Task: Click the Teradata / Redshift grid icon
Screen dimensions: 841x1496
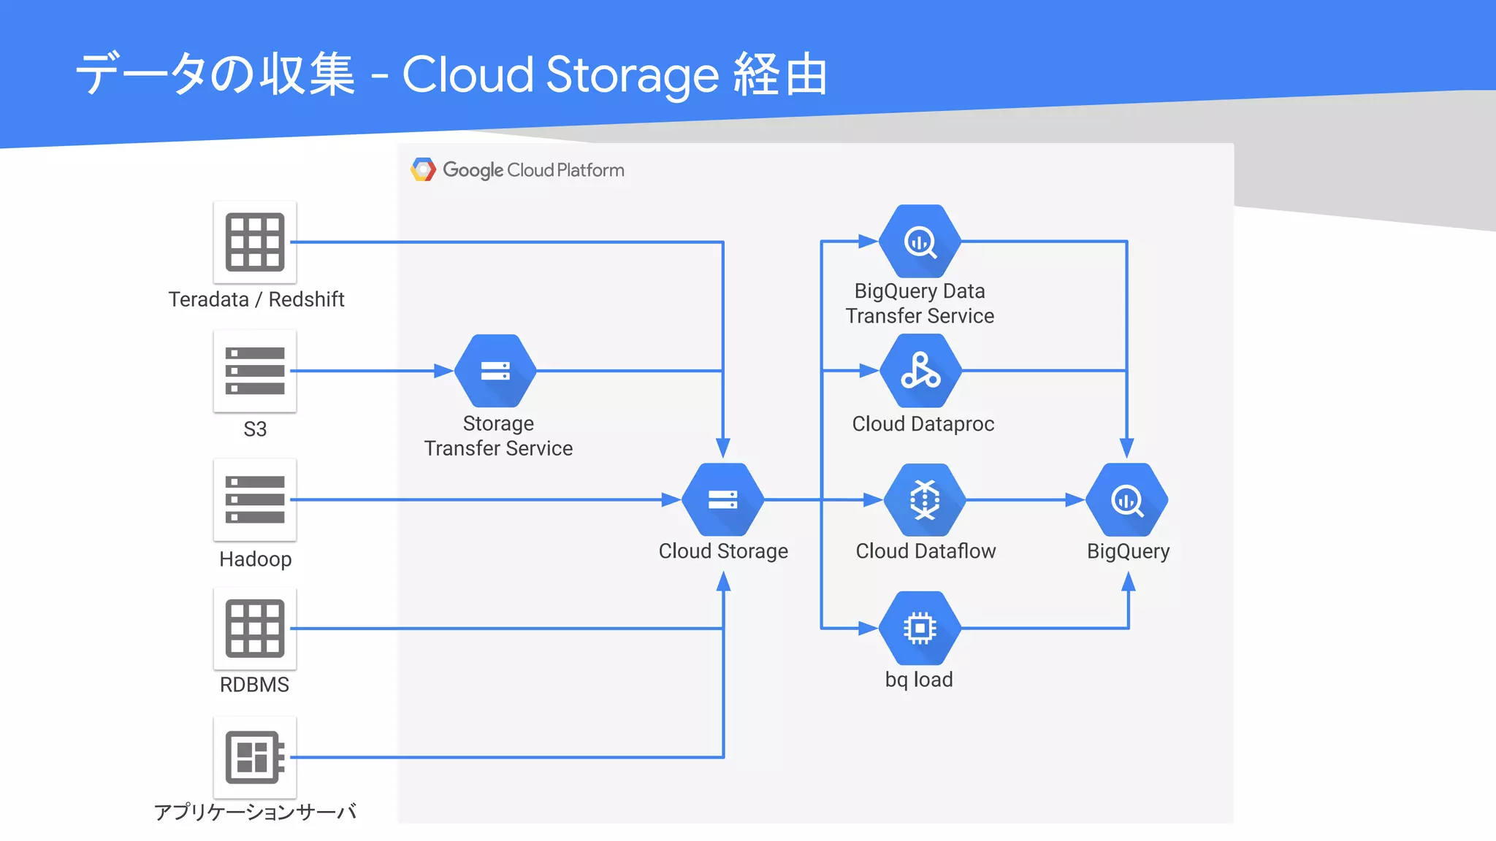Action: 254,242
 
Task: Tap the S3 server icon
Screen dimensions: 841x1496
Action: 254,371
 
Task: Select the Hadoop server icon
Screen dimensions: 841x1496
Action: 254,500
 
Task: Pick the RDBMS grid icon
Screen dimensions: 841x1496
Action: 254,629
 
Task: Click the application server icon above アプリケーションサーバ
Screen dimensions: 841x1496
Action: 254,757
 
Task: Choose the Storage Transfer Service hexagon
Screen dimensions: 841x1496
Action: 495,371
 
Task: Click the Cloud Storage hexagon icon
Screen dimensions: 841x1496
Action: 722,500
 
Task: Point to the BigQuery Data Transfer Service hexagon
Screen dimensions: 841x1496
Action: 920,242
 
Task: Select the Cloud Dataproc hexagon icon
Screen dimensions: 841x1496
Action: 920,371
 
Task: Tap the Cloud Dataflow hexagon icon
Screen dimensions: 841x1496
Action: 924,500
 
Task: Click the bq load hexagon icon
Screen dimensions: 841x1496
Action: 920,628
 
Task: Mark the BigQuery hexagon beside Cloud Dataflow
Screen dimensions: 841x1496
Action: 1126,500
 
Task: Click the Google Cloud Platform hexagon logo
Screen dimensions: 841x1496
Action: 423,169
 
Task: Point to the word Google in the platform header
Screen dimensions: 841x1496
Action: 473,170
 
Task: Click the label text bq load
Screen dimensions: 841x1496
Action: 919,680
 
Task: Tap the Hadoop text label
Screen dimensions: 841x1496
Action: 255,559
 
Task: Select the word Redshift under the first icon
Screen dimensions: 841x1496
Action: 306,299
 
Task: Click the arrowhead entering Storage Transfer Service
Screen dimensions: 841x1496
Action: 443,371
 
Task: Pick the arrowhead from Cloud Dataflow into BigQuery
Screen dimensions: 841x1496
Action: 1075,500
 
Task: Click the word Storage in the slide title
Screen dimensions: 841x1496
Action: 633,75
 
